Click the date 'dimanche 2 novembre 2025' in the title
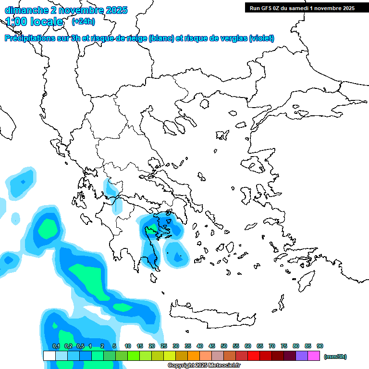[x=66, y=10]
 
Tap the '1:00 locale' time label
[x=35, y=22]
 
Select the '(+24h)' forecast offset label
[x=83, y=22]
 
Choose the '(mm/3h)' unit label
[x=335, y=357]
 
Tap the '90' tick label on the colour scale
[x=320, y=346]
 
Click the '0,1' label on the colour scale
[x=56, y=346]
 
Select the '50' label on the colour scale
[x=224, y=346]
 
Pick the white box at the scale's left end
[x=49, y=356]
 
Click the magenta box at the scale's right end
[x=314, y=356]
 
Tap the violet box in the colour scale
[x=302, y=356]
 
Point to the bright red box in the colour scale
[x=254, y=356]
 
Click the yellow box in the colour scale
[x=170, y=356]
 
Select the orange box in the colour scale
[x=194, y=356]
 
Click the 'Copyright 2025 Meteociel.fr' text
[x=204, y=365]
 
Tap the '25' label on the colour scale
[x=164, y=346]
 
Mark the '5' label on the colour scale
[x=114, y=346]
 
